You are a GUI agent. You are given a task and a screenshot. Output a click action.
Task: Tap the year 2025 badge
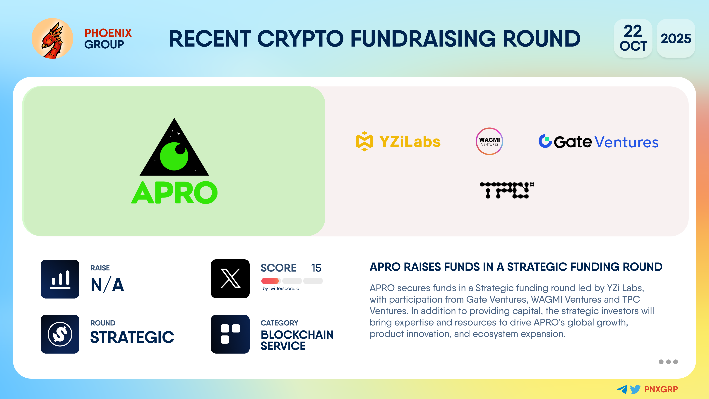coord(676,38)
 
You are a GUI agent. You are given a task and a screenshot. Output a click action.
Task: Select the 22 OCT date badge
coord(633,38)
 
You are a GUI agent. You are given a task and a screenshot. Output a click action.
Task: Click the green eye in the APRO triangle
coord(174,156)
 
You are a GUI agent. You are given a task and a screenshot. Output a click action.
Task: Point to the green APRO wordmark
coord(174,192)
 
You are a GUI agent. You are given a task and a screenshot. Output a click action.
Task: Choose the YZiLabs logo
coord(398,141)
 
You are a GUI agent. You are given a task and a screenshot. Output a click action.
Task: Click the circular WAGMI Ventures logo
coord(489,141)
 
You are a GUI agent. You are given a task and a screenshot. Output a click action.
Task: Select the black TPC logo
coord(507,190)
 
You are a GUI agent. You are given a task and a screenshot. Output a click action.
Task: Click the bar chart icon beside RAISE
coord(60,279)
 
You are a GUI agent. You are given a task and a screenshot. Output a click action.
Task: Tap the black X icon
coord(230,279)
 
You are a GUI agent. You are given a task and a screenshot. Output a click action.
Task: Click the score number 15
coord(316,268)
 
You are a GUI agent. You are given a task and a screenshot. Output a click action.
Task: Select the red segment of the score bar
coord(270,281)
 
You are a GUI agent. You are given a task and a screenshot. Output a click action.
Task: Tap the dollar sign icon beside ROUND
coord(60,334)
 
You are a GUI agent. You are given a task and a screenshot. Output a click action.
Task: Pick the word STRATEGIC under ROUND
coord(132,337)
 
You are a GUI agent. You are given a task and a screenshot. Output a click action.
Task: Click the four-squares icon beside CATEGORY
coord(230,334)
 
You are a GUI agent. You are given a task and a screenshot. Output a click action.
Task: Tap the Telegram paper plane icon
coord(622,389)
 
